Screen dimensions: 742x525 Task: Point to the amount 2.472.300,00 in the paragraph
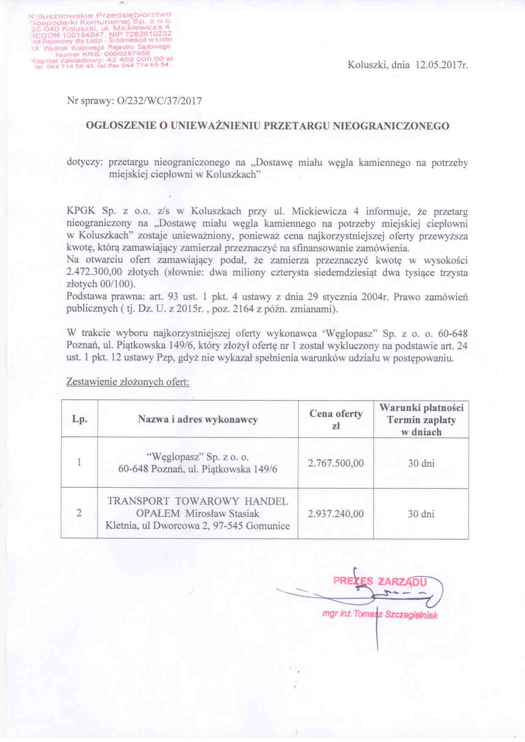[x=91, y=272]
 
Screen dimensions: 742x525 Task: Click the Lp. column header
[x=80, y=419]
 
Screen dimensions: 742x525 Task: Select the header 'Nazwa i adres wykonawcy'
[x=198, y=419]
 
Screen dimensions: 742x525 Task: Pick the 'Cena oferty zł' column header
[x=336, y=419]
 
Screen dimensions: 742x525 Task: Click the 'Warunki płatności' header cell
[x=421, y=408]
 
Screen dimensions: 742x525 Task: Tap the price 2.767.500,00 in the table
[x=336, y=463]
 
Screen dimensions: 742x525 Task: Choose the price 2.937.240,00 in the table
[x=336, y=514]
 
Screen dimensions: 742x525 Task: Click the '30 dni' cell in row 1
[x=421, y=463]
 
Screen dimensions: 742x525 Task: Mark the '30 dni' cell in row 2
[x=421, y=514]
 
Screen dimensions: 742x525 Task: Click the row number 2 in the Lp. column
[x=79, y=513]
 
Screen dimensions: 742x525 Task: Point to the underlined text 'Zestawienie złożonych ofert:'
[x=128, y=382]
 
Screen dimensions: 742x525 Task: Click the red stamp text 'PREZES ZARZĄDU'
[x=380, y=581]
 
